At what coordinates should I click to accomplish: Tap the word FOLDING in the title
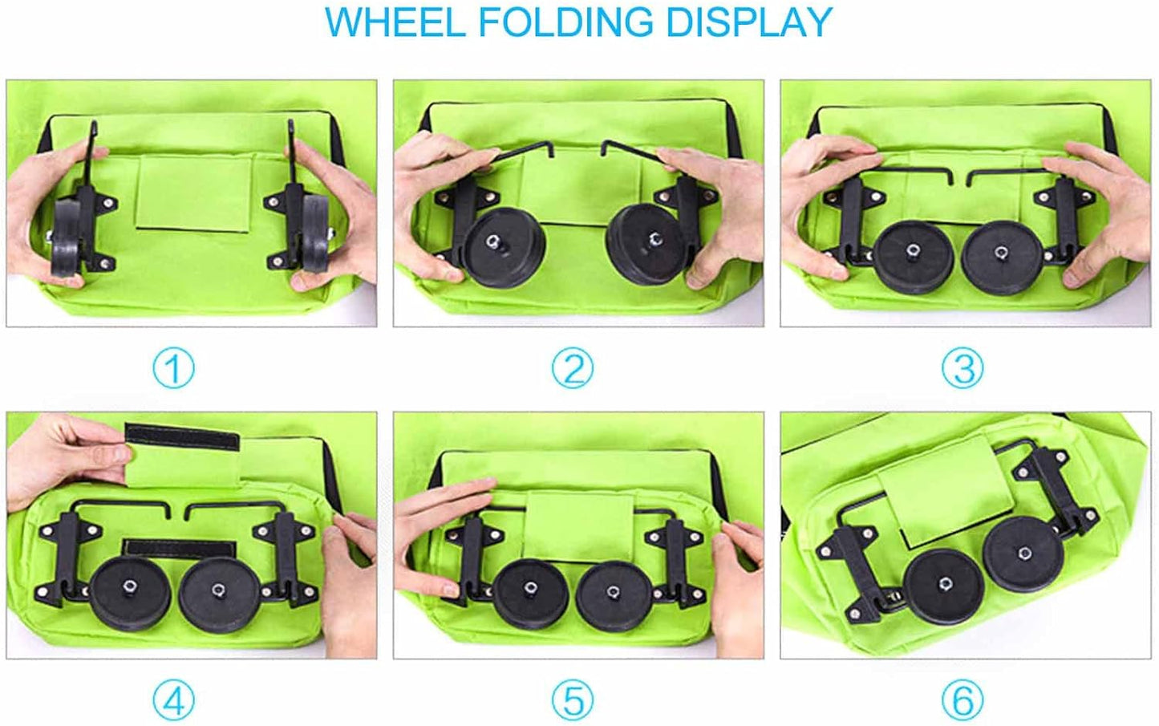pos(565,22)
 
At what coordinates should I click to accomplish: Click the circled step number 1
pos(174,368)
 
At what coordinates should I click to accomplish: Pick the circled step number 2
pos(573,368)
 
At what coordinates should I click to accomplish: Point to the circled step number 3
pos(962,368)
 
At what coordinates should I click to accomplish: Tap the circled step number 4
pos(174,700)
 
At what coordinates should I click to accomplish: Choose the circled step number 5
pos(573,700)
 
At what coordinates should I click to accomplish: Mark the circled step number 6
pos(962,700)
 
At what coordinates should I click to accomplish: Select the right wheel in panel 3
pos(1001,258)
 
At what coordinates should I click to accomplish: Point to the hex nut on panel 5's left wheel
pos(530,587)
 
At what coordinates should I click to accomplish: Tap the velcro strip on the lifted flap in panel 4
pos(182,436)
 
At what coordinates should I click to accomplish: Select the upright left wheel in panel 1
pos(67,235)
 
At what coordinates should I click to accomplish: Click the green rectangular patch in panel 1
pos(194,193)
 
